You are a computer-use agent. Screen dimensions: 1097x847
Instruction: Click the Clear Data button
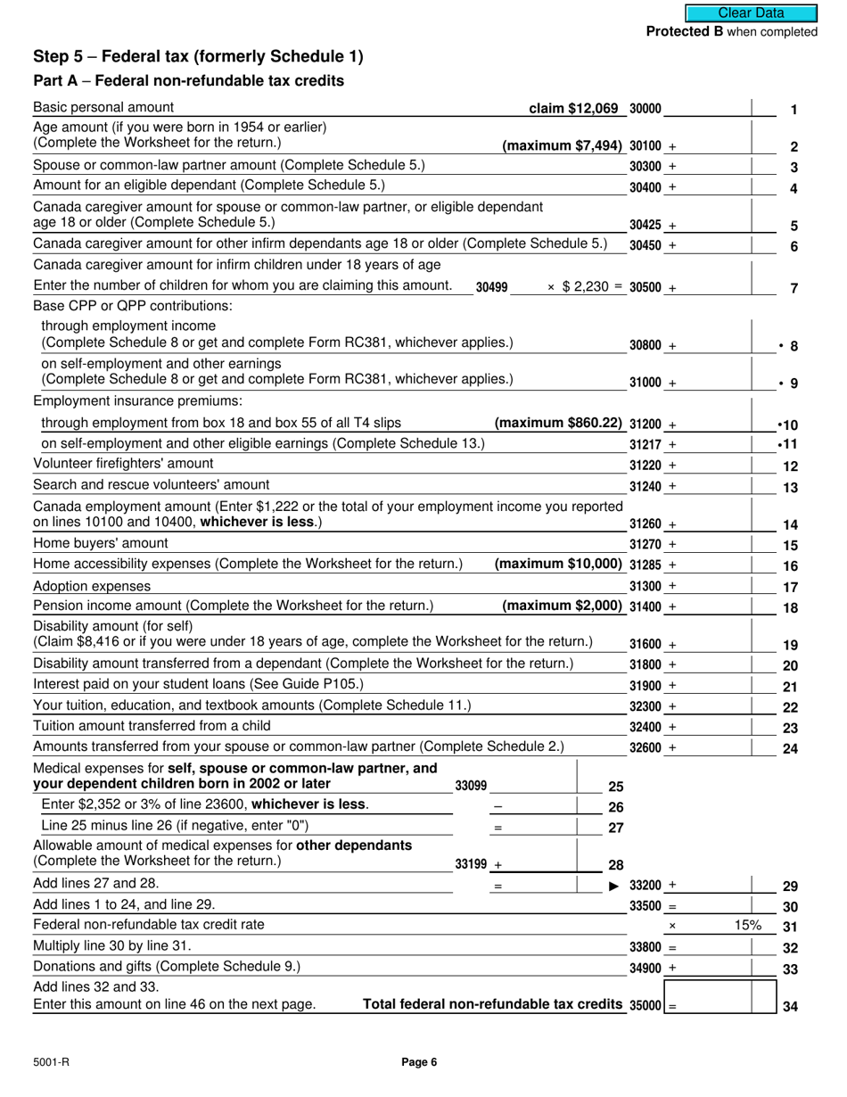coord(751,12)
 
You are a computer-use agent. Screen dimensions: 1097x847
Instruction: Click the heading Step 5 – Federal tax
coord(198,56)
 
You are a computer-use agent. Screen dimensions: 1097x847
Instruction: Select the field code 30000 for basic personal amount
coord(646,109)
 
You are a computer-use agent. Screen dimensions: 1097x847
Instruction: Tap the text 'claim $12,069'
coord(573,109)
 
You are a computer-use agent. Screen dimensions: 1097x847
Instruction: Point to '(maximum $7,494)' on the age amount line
coord(563,145)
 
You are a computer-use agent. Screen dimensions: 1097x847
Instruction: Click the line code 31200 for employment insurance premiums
coord(646,424)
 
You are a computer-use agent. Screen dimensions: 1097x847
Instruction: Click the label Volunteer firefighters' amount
coord(123,464)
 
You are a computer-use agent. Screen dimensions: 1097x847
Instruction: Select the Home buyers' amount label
coord(100,544)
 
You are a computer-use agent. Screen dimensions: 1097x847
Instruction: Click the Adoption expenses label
coord(92,587)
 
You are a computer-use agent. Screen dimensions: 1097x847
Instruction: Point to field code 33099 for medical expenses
coord(471,786)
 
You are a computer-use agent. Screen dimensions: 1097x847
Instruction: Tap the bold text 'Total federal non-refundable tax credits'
coord(492,1005)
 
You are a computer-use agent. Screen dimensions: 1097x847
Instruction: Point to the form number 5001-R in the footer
coord(50,1062)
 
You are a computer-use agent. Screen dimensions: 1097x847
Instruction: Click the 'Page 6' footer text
coord(419,1062)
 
